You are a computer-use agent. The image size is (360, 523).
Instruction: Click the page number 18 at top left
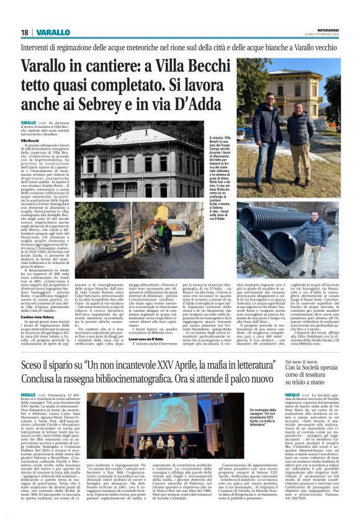[x=25, y=32]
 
